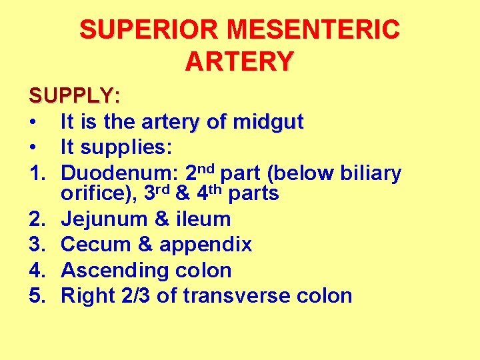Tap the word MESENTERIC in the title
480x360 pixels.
pyautogui.click(x=313, y=30)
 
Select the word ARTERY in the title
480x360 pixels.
pyautogui.click(x=239, y=61)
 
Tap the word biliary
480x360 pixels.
pyautogui.click(x=370, y=173)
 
